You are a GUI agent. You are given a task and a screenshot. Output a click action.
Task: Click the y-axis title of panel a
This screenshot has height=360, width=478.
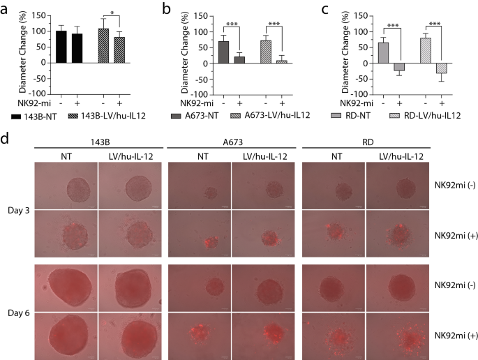[22, 54]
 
